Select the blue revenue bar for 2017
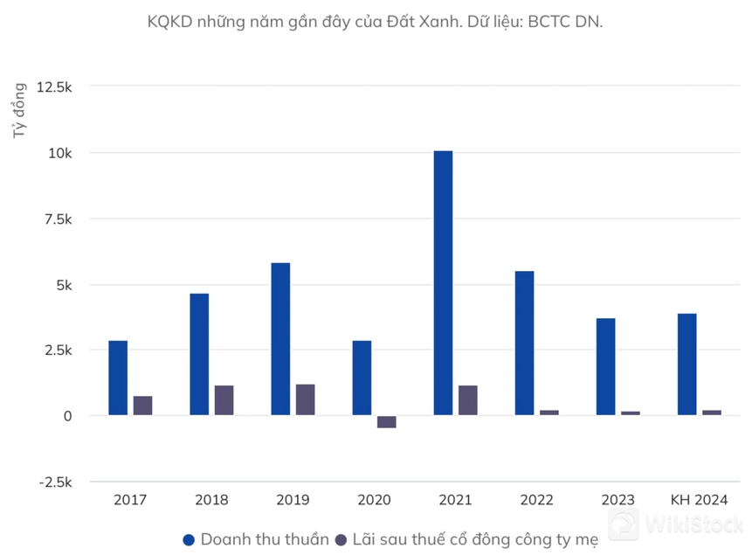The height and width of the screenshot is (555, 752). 118,378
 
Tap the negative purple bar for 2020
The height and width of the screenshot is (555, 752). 386,421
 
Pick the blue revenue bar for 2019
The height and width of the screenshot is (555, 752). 280,339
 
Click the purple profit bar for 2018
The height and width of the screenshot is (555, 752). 224,400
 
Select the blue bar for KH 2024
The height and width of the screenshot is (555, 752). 686,364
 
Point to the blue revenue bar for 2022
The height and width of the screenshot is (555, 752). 524,343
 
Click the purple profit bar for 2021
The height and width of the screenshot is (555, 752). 467,400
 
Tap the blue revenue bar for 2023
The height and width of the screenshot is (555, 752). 605,367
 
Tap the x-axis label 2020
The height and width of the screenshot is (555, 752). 374,500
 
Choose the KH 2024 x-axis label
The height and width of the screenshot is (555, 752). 699,500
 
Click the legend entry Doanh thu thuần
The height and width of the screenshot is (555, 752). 256,539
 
